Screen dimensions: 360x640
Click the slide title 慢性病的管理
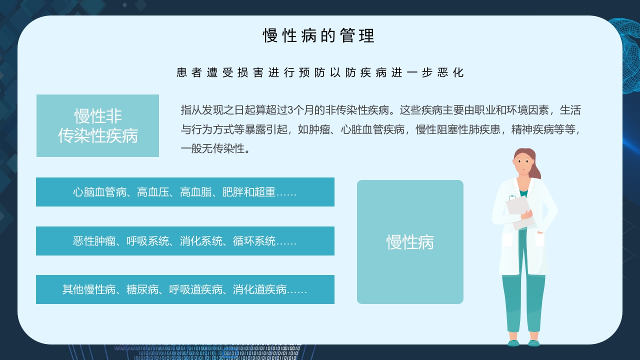pyautogui.click(x=319, y=36)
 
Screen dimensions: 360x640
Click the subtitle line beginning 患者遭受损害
pyautogui.click(x=320, y=72)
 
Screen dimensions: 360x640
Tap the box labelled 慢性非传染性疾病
pyautogui.click(x=97, y=125)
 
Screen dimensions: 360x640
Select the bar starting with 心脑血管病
pyautogui.click(x=185, y=192)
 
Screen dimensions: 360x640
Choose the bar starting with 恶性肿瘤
pyautogui.click(x=185, y=241)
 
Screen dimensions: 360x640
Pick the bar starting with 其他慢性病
pyautogui.click(x=185, y=289)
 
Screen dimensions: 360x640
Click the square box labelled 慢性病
pyautogui.click(x=410, y=242)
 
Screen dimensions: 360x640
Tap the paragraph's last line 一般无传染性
pyautogui.click(x=215, y=148)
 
